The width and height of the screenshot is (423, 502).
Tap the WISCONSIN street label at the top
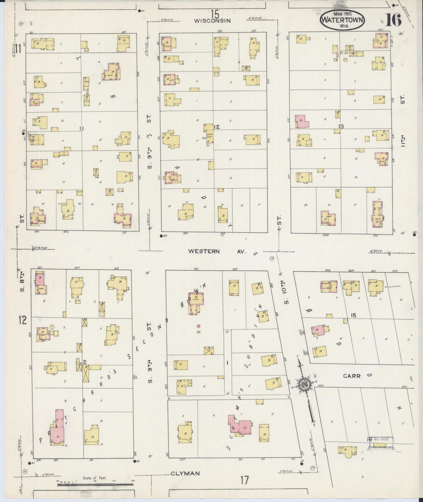213,21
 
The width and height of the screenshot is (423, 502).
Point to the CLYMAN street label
185,473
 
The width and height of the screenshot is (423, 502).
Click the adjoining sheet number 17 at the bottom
244,480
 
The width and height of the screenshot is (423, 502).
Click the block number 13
340,127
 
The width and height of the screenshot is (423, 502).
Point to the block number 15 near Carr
354,315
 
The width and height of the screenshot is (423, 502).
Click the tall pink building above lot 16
57,426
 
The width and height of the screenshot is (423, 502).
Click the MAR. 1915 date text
342,13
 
